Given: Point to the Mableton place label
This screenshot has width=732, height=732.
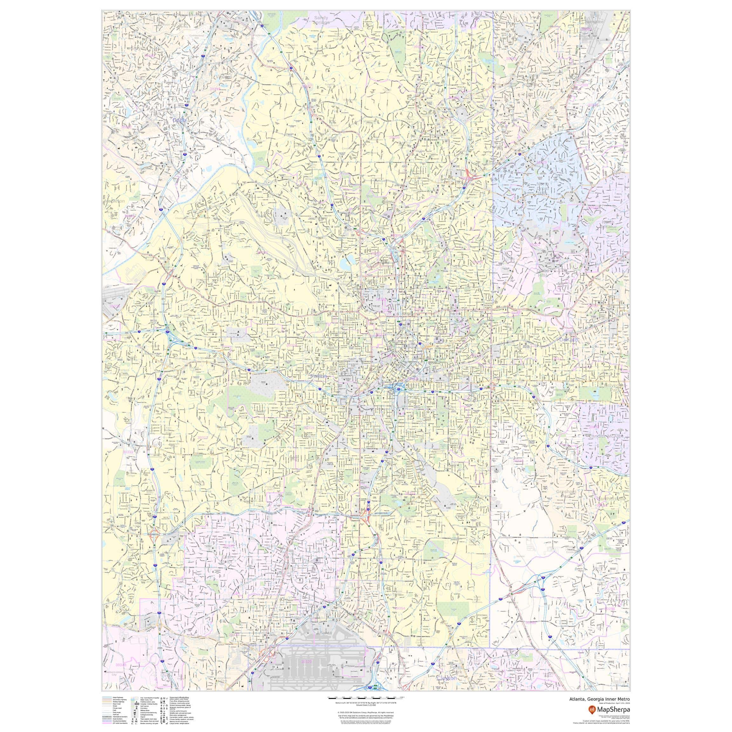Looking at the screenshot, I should pos(114,201).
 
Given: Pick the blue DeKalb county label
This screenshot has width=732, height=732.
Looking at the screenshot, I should pos(569,340).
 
